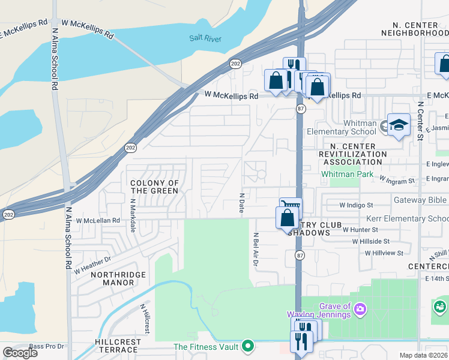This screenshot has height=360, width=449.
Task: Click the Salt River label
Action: click(205, 38)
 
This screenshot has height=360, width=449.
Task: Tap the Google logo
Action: click(20, 353)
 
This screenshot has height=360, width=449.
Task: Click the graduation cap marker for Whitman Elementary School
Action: click(398, 125)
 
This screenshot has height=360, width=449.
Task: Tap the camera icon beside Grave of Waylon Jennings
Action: click(360, 309)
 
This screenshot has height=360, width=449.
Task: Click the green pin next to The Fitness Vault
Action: click(247, 346)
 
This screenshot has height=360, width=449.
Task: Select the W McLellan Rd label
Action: click(98, 220)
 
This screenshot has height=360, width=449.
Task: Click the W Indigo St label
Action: click(356, 205)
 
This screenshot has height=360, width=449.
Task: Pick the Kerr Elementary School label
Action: click(411, 219)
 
